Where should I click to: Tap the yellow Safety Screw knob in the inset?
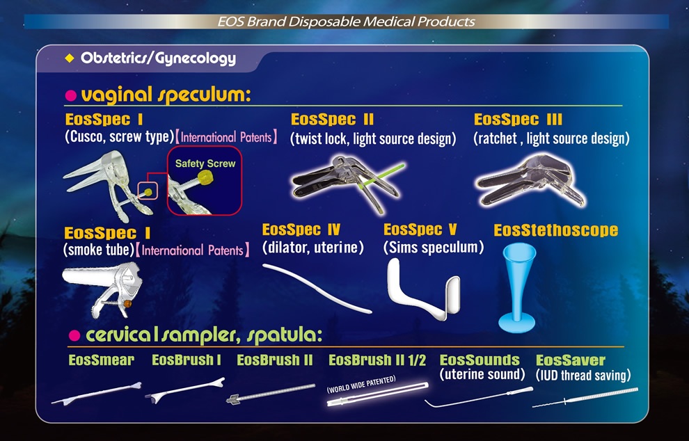(205, 177)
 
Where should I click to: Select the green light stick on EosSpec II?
(381, 176)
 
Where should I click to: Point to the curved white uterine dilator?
(317, 288)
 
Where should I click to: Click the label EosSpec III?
(518, 120)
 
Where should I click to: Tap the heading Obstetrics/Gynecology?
(158, 58)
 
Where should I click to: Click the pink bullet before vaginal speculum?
(71, 95)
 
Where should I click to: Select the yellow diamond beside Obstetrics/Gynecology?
(70, 58)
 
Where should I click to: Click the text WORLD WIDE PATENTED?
(361, 384)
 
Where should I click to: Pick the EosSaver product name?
(571, 360)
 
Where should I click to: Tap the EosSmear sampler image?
(96, 393)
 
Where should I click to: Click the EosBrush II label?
(275, 360)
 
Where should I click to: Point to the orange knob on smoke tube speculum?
(127, 303)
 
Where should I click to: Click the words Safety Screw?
(205, 163)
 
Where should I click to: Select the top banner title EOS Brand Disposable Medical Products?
(347, 22)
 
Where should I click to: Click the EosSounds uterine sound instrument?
(479, 397)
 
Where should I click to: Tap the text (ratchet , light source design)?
(551, 139)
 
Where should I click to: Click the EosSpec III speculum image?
(530, 180)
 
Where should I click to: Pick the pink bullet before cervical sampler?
(74, 336)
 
